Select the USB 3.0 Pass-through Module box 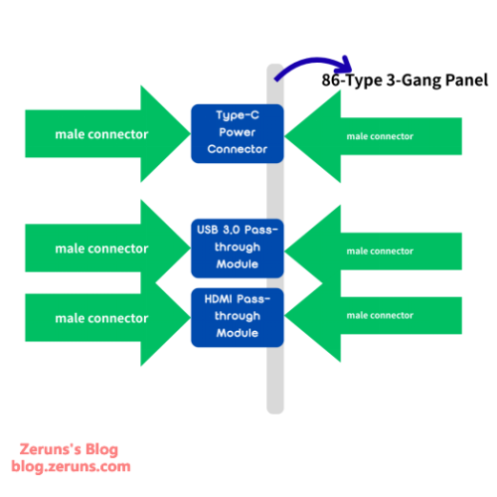pyautogui.click(x=237, y=248)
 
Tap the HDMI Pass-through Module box pyautogui.click(x=237, y=316)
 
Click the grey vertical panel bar pyautogui.click(x=275, y=388)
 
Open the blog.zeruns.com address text pyautogui.click(x=71, y=465)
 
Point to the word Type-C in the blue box pyautogui.click(x=237, y=116)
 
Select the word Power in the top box pyautogui.click(x=237, y=133)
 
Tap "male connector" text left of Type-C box pyautogui.click(x=101, y=134)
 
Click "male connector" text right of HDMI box pyautogui.click(x=379, y=315)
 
